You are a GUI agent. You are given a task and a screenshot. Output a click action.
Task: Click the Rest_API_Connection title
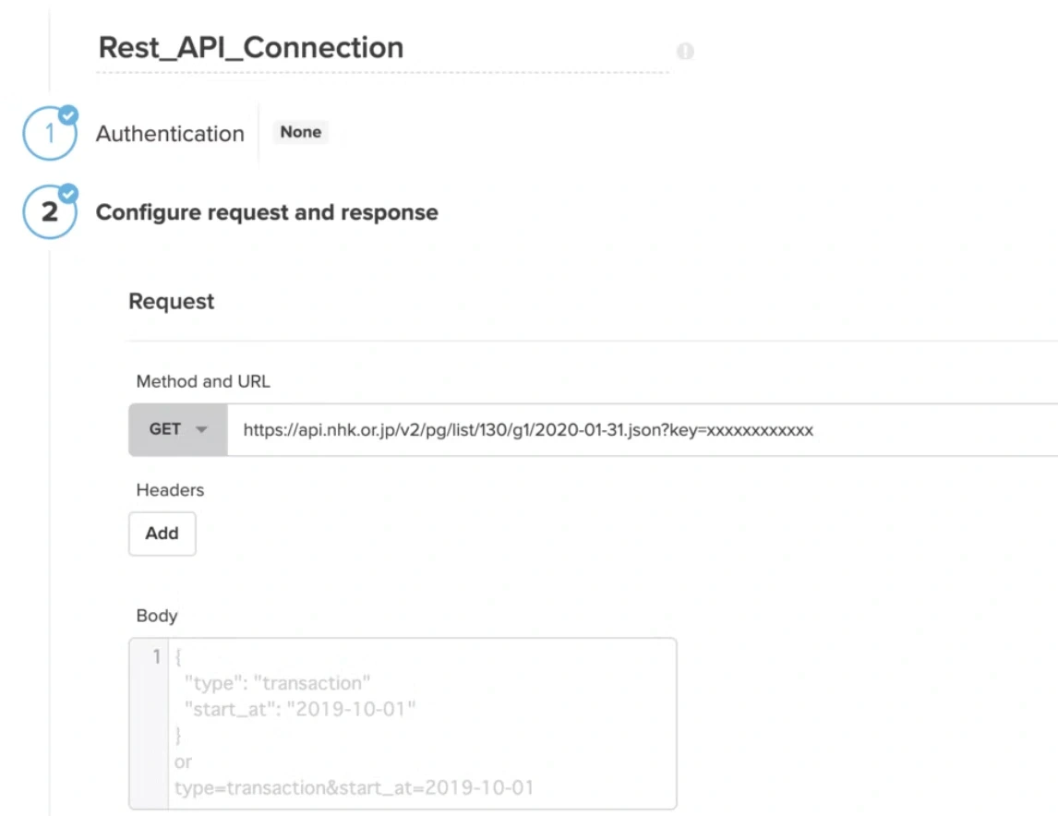(251, 48)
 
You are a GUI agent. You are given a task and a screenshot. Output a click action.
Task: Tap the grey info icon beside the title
(685, 51)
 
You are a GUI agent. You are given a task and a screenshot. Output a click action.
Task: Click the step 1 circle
(49, 133)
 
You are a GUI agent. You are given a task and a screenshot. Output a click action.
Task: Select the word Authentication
(170, 134)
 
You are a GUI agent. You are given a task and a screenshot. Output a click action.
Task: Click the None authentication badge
(300, 132)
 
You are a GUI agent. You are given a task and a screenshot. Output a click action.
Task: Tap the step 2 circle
(49, 211)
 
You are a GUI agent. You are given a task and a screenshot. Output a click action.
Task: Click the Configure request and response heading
(267, 212)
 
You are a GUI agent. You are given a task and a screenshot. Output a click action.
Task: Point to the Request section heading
(172, 301)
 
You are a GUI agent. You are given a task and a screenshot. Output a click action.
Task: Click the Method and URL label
(203, 382)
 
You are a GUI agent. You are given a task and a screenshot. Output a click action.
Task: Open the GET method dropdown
(178, 429)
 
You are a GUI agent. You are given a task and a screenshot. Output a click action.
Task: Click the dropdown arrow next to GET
(201, 429)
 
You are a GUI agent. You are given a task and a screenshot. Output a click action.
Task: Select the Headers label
(170, 490)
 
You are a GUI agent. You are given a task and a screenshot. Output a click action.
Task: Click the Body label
(157, 616)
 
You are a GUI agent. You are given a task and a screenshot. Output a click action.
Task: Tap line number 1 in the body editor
(157, 656)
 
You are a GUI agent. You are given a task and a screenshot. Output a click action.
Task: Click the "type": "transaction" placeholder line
(277, 683)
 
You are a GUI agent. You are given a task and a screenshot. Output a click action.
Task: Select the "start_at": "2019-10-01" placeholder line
(300, 710)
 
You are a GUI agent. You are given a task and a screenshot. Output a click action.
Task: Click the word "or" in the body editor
(183, 762)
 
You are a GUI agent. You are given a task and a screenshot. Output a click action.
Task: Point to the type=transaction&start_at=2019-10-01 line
(355, 787)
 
